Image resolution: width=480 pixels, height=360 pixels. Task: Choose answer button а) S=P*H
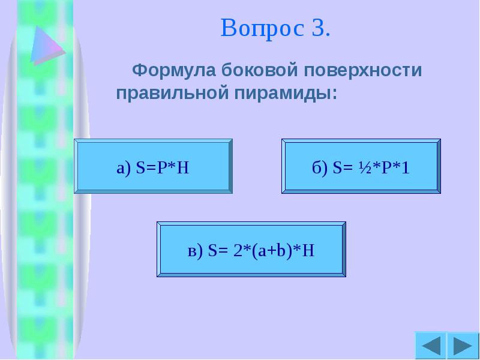153,167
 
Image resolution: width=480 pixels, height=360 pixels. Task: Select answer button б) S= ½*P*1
361,167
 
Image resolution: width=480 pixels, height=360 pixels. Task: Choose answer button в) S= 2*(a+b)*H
251,250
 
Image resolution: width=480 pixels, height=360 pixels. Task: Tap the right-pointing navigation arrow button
463,346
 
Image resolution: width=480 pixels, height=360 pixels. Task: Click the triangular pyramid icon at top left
47,45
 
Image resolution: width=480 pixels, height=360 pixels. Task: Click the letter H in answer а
184,168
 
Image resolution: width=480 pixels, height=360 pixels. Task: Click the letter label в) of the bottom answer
194,251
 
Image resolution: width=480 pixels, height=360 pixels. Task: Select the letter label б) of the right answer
319,168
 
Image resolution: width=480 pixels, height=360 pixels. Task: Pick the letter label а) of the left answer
123,169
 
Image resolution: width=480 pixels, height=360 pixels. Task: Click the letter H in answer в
309,250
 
